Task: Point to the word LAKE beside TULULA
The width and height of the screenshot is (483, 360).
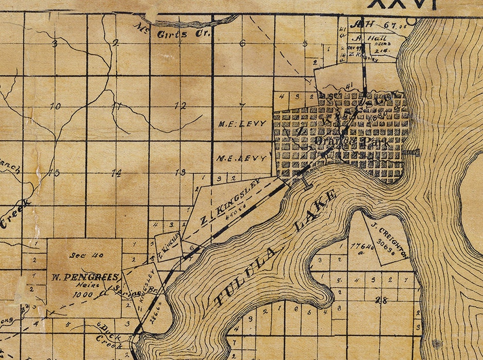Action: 315,208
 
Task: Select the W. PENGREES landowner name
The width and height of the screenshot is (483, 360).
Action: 85,276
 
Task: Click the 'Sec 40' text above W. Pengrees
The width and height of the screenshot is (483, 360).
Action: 85,255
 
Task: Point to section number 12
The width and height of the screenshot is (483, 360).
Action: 180,106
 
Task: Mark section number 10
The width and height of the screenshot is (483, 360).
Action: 55,106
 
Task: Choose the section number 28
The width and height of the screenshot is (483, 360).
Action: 380,300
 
